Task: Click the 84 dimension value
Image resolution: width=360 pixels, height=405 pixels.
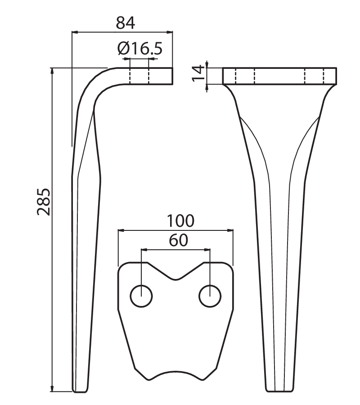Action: (125, 23)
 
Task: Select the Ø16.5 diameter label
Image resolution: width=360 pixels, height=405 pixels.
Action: (139, 49)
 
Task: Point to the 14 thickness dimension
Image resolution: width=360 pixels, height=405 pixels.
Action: (198, 73)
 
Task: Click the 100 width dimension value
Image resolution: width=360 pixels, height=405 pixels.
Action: (180, 221)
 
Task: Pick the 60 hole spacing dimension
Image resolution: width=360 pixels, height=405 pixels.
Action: (179, 240)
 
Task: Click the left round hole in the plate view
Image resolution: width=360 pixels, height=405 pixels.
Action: (141, 296)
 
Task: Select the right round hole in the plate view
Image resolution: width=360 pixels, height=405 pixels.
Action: (210, 296)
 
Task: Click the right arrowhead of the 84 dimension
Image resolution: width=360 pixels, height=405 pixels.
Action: (170, 32)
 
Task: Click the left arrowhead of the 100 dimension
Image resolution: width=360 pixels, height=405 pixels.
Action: (121, 230)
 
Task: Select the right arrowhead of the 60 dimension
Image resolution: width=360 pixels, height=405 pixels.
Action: (207, 250)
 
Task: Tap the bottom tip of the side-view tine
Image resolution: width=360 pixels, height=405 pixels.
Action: (81, 391)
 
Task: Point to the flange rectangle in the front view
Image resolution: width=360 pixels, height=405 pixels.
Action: (280, 76)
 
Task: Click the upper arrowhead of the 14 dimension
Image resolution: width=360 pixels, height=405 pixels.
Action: (207, 64)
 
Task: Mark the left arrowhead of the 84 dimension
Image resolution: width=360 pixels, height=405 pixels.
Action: (75, 32)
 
